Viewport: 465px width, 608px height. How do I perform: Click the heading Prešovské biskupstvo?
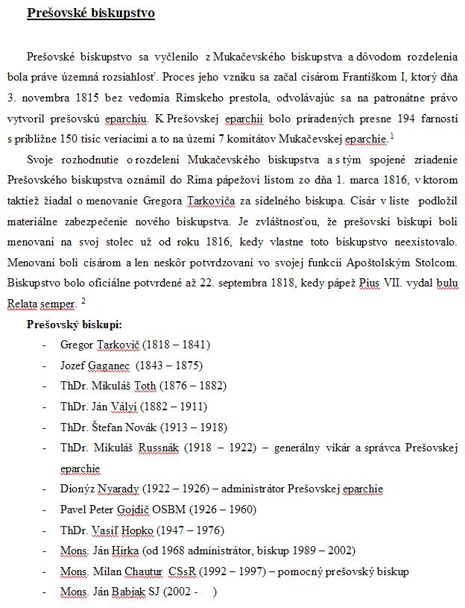pyautogui.click(x=90, y=13)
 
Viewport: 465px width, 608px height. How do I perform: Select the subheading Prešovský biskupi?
pyautogui.click(x=75, y=325)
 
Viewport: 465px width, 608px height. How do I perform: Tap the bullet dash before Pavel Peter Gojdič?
pyautogui.click(x=46, y=510)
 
